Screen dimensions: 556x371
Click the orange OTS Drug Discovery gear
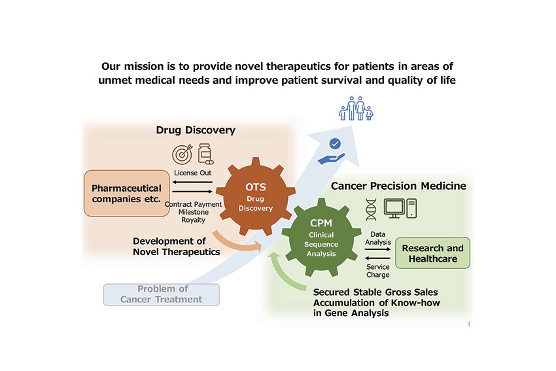point(256,196)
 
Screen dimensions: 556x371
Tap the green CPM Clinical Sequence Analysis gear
point(321,238)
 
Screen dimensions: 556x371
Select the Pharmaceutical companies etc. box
point(127,193)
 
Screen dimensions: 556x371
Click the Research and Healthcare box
point(432,253)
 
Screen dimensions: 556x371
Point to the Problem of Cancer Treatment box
point(162,294)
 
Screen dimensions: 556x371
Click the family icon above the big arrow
point(356,109)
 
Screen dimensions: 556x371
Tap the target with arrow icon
point(182,154)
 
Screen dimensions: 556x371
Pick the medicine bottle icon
point(205,154)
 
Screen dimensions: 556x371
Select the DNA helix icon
point(371,209)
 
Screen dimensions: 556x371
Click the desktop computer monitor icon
point(394,208)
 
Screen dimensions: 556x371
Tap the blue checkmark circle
point(335,144)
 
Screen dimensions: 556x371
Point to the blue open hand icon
point(331,159)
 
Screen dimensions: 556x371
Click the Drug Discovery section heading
point(196,130)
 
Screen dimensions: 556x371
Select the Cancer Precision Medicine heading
point(398,186)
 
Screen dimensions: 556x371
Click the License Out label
point(192,173)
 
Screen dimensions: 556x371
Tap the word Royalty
point(193,220)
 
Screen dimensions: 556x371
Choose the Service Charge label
point(378,271)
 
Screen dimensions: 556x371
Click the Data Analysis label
point(378,238)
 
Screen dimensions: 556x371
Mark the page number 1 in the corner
point(469,324)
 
